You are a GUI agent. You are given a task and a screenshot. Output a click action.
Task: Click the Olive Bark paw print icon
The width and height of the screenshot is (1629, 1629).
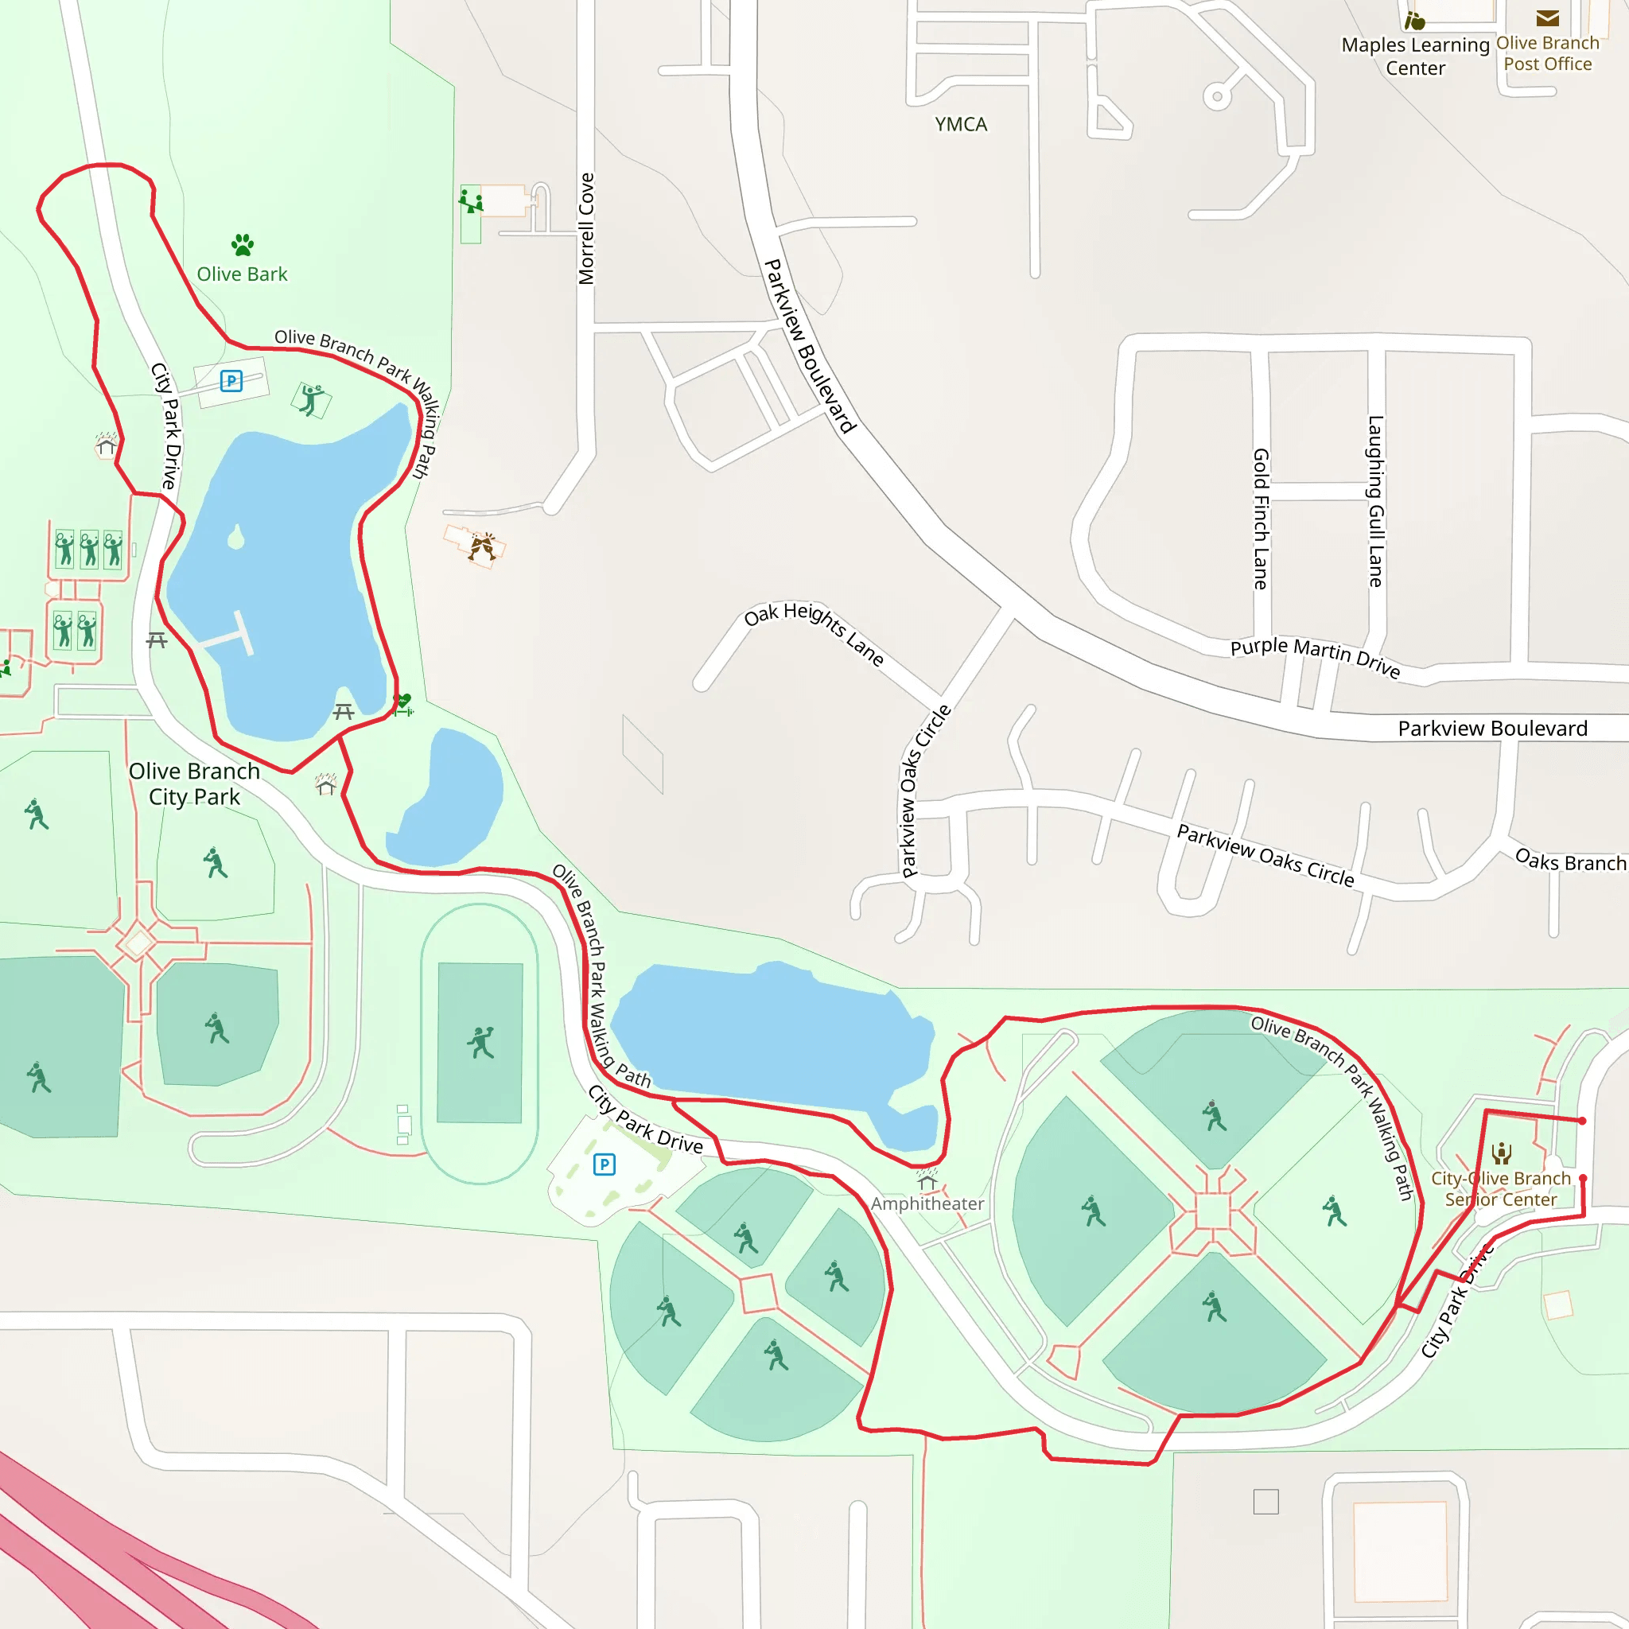tap(243, 245)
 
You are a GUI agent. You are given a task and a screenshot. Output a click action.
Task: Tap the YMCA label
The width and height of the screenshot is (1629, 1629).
tap(960, 125)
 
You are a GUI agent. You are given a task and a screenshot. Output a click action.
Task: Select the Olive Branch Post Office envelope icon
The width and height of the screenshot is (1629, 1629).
tap(1547, 18)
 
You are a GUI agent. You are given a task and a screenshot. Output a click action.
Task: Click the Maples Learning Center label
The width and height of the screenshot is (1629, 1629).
tap(1416, 56)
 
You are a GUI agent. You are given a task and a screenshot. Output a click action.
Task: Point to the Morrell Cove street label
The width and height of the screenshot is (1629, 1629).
tap(587, 228)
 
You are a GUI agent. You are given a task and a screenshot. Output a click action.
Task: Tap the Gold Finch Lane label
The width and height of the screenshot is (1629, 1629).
tap(1261, 519)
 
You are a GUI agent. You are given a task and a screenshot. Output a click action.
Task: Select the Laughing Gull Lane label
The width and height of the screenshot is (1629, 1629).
tap(1375, 501)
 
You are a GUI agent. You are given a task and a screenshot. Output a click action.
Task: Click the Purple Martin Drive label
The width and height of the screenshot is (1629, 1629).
tap(1315, 657)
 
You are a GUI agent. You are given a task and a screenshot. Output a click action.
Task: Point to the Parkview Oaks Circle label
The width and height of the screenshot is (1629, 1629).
tap(1265, 855)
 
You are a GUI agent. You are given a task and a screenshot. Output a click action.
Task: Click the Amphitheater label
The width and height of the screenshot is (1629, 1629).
tap(927, 1203)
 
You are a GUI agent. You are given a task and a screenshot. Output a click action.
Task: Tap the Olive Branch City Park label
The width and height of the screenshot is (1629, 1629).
tap(194, 783)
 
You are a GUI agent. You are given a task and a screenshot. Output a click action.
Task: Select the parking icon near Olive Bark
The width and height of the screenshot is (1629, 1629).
tap(231, 381)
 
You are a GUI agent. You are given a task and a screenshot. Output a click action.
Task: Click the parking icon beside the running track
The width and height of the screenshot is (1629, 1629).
tap(605, 1164)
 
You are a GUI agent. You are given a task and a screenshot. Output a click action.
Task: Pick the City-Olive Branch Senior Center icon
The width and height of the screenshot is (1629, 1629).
tap(1502, 1153)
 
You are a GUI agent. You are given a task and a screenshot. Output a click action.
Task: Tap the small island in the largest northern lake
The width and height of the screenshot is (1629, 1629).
tap(236, 537)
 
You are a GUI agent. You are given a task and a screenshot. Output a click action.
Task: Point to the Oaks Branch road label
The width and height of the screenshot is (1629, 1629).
tap(1570, 861)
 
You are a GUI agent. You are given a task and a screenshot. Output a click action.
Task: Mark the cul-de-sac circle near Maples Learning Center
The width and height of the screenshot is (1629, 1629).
tap(1217, 96)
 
